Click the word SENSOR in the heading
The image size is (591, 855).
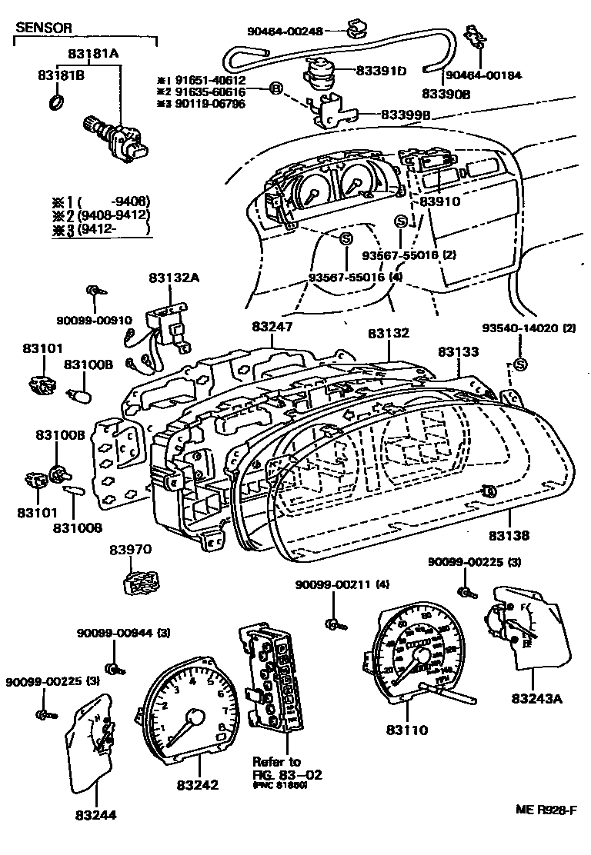click(x=45, y=28)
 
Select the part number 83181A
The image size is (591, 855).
click(x=92, y=55)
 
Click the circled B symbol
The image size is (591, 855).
click(x=275, y=90)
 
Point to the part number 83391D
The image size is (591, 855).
click(x=381, y=71)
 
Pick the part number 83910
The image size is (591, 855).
click(x=439, y=201)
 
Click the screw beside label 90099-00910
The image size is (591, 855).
click(x=95, y=291)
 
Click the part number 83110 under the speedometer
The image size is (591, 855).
click(x=406, y=730)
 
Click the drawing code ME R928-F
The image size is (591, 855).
click(x=546, y=810)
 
